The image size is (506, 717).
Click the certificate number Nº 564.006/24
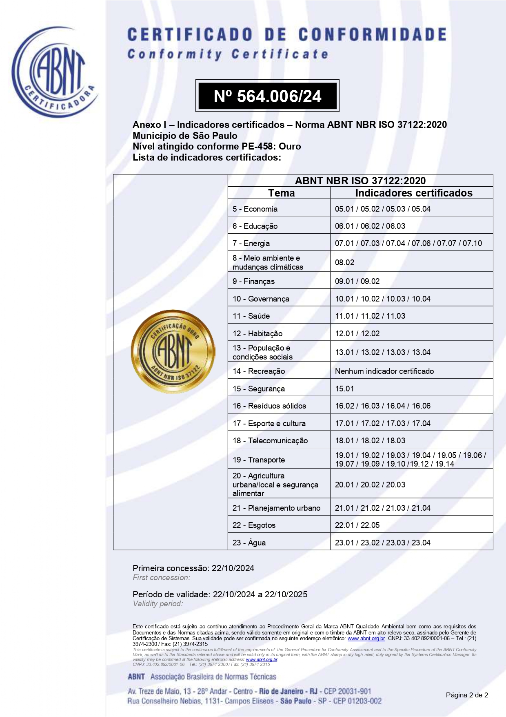coord(267,96)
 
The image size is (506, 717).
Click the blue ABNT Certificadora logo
coord(55,73)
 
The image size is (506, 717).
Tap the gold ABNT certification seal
coord(173,352)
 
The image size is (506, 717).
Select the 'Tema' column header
coord(281,193)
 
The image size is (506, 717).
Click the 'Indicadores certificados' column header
coord(413,193)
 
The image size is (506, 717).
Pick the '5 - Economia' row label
coord(255,209)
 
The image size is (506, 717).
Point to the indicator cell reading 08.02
coord(345,262)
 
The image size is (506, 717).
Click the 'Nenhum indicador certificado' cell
coord(384,371)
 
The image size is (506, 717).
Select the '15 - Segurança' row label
coord(259,389)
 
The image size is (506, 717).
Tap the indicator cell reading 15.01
coord(344,389)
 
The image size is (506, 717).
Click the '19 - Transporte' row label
coord(259,460)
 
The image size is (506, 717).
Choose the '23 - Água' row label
coord(249,543)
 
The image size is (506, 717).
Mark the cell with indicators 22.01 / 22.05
coord(357,525)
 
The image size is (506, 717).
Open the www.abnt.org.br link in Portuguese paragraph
coord(366,638)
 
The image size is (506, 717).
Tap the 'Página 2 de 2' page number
coord(467,695)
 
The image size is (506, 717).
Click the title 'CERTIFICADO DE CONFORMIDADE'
coord(287,35)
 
